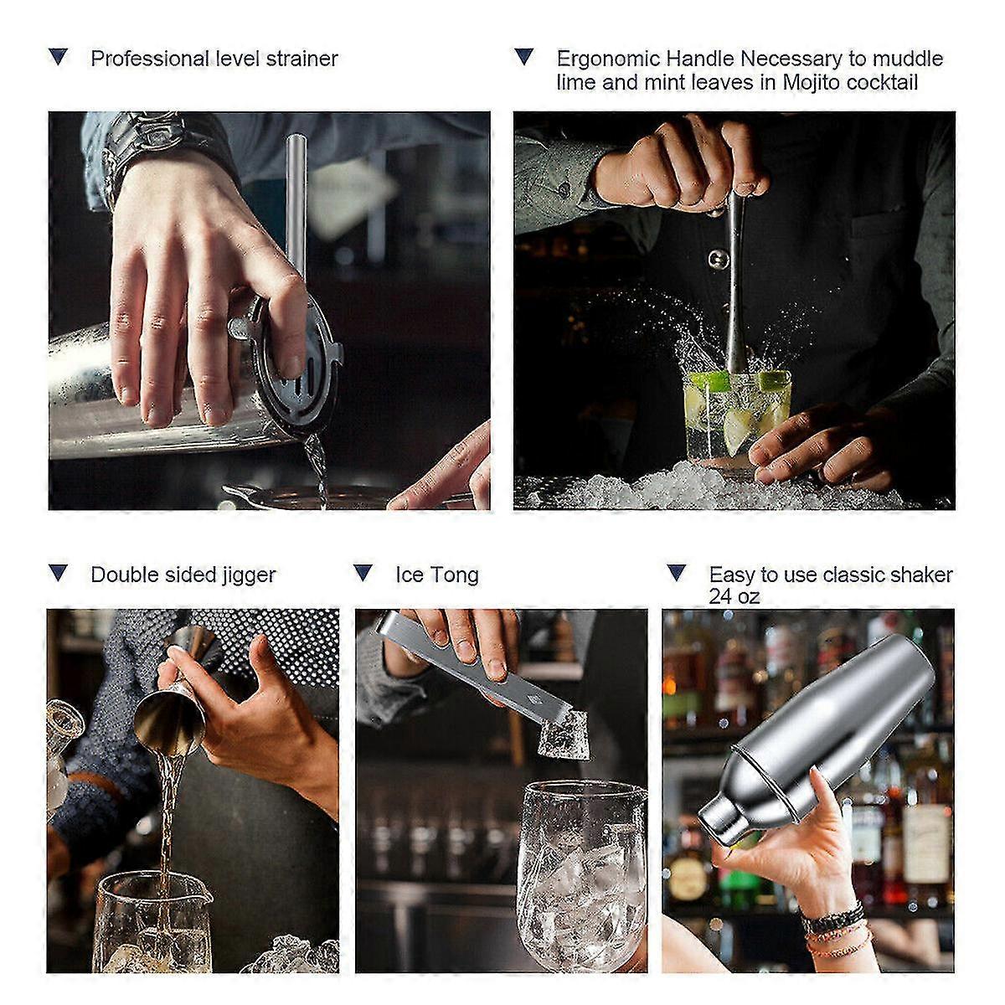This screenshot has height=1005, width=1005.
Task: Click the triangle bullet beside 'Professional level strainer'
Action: pyautogui.click(x=59, y=58)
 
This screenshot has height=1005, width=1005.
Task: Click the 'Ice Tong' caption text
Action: pyautogui.click(x=436, y=575)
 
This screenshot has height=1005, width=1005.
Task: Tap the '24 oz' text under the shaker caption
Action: pyautogui.click(x=734, y=596)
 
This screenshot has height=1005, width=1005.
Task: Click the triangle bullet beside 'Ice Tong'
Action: pyautogui.click(x=363, y=574)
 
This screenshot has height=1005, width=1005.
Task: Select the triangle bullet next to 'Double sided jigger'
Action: pyautogui.click(x=59, y=574)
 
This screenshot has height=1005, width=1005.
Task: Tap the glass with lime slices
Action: pyautogui.click(x=724, y=419)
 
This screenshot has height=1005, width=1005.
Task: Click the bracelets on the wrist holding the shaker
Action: pyautogui.click(x=833, y=930)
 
